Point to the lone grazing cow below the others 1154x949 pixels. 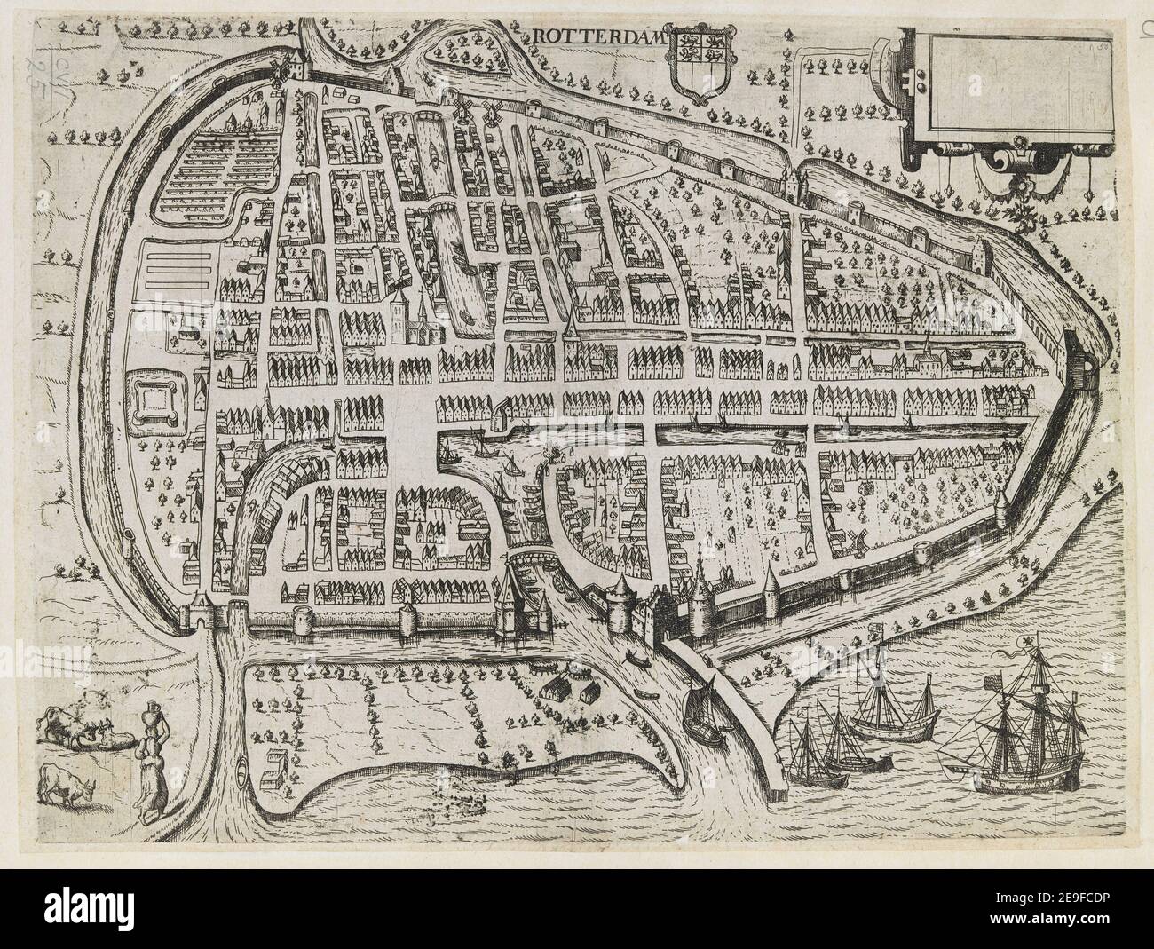pyautogui.click(x=70, y=785)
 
